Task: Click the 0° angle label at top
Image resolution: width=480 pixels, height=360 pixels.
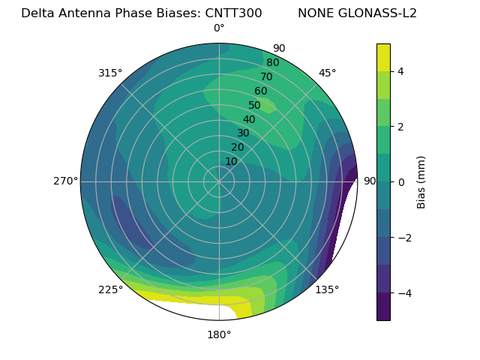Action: [219, 28]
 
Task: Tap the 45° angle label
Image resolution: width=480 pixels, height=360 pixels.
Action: [328, 73]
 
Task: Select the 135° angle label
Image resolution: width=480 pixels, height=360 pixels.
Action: [327, 290]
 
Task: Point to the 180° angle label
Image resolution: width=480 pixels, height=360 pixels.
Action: [219, 334]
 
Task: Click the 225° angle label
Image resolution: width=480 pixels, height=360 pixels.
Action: [110, 290]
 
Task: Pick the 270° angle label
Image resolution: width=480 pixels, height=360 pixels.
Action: [65, 181]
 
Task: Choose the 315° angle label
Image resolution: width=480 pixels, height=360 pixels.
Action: [110, 73]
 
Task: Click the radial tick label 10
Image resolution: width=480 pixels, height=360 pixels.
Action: [232, 161]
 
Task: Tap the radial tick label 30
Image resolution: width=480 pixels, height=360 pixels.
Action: [243, 133]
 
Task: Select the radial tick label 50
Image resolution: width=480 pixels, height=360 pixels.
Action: [255, 106]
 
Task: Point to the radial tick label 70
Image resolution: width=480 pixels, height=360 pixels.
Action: [267, 76]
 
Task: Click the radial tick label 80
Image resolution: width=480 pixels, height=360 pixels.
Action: [273, 63]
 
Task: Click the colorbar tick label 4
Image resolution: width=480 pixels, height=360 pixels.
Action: [400, 71]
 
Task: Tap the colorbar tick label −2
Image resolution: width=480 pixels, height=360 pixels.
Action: [403, 238]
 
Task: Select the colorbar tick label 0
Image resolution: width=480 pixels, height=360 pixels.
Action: [400, 182]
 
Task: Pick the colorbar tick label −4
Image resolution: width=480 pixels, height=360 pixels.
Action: [403, 293]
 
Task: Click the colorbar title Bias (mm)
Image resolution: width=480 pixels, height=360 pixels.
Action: [421, 182]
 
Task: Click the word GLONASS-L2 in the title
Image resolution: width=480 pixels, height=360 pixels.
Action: [357, 13]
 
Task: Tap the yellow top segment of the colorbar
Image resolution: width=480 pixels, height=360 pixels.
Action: [383, 57]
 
